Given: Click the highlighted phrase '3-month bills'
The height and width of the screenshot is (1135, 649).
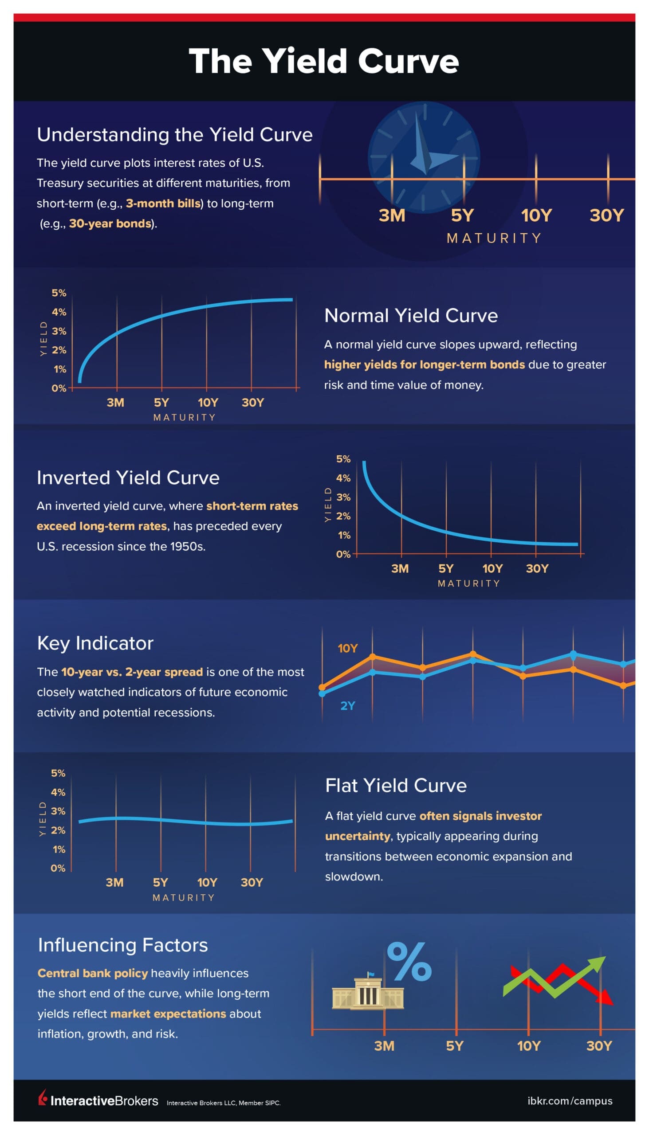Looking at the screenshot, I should coord(163,204).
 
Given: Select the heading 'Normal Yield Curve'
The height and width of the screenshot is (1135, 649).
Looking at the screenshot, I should coord(410,315).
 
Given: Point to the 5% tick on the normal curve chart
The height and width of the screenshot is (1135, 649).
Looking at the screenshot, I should coord(59,293).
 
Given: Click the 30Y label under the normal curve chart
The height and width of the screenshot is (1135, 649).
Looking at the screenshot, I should coord(253,403).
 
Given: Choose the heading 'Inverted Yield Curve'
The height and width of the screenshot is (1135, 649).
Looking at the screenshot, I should coord(128,477).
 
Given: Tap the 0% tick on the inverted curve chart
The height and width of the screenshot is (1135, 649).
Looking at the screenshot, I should coord(343,555).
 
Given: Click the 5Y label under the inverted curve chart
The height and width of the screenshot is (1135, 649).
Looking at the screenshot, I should coord(446,569).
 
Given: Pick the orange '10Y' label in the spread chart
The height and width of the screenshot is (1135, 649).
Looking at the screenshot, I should coord(348,649).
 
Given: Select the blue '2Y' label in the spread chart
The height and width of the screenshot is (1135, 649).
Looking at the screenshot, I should coord(348,706).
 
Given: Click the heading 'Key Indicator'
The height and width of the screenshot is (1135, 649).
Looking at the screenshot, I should coord(95,643).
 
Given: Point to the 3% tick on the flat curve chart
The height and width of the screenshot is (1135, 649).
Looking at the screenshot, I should coord(58,812).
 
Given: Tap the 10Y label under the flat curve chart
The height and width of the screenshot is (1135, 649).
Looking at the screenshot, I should coord(207,883).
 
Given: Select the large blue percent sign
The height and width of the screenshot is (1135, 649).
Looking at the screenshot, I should coord(409,963).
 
